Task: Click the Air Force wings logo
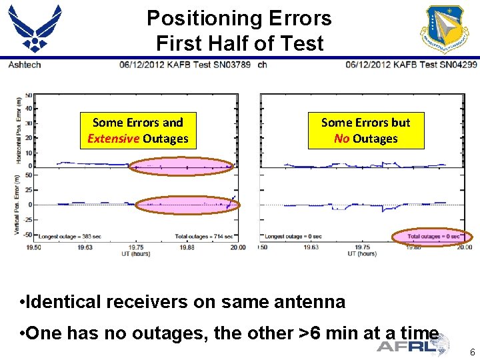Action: (x=35, y=27)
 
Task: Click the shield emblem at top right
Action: (x=444, y=27)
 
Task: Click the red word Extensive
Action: (x=113, y=139)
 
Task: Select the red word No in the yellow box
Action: (x=341, y=139)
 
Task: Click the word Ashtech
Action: (x=24, y=65)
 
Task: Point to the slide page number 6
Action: (x=471, y=352)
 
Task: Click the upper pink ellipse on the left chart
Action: (x=181, y=167)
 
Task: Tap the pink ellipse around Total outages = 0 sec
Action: (x=431, y=237)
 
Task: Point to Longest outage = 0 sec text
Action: (x=293, y=236)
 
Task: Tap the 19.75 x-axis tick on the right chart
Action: (x=361, y=247)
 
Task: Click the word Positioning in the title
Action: (x=204, y=18)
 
